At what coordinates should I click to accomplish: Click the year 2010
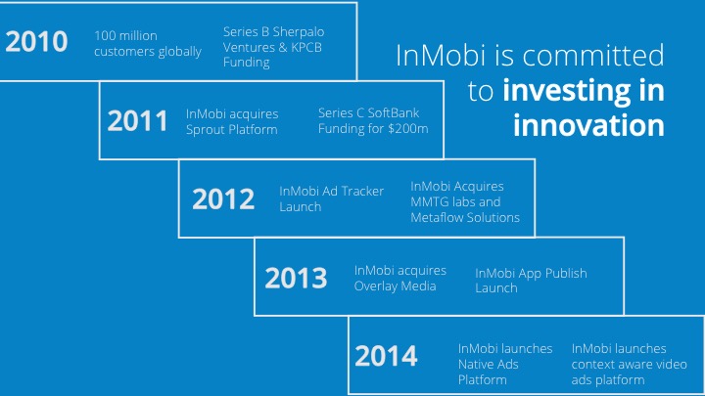(36, 41)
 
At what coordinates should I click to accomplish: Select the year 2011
(138, 121)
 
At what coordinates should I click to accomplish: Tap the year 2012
(223, 198)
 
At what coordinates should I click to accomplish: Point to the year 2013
(296, 278)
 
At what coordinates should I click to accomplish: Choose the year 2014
(386, 356)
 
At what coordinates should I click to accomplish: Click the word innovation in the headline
(588, 125)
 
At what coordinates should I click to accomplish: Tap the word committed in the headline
(593, 55)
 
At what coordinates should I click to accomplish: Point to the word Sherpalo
(299, 32)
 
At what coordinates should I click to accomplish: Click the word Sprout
(205, 130)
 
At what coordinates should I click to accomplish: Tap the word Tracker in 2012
(362, 192)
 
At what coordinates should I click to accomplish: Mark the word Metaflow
(436, 218)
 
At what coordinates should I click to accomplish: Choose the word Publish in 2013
(565, 273)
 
